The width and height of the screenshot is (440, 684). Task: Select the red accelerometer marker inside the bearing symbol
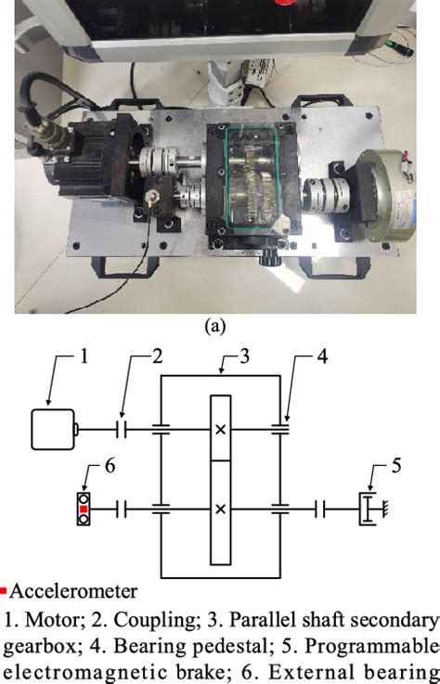[84, 509]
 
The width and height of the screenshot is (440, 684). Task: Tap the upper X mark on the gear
[220, 430]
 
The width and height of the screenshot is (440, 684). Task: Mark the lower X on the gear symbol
[220, 509]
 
